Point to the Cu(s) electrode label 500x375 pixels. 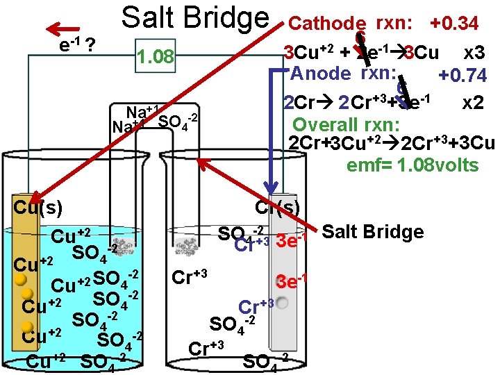(39, 206)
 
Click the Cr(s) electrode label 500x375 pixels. (277, 206)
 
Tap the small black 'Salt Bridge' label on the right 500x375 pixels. (373, 232)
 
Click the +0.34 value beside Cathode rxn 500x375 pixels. (454, 24)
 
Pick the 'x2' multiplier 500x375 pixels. (474, 102)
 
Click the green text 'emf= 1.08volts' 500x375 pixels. (412, 165)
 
